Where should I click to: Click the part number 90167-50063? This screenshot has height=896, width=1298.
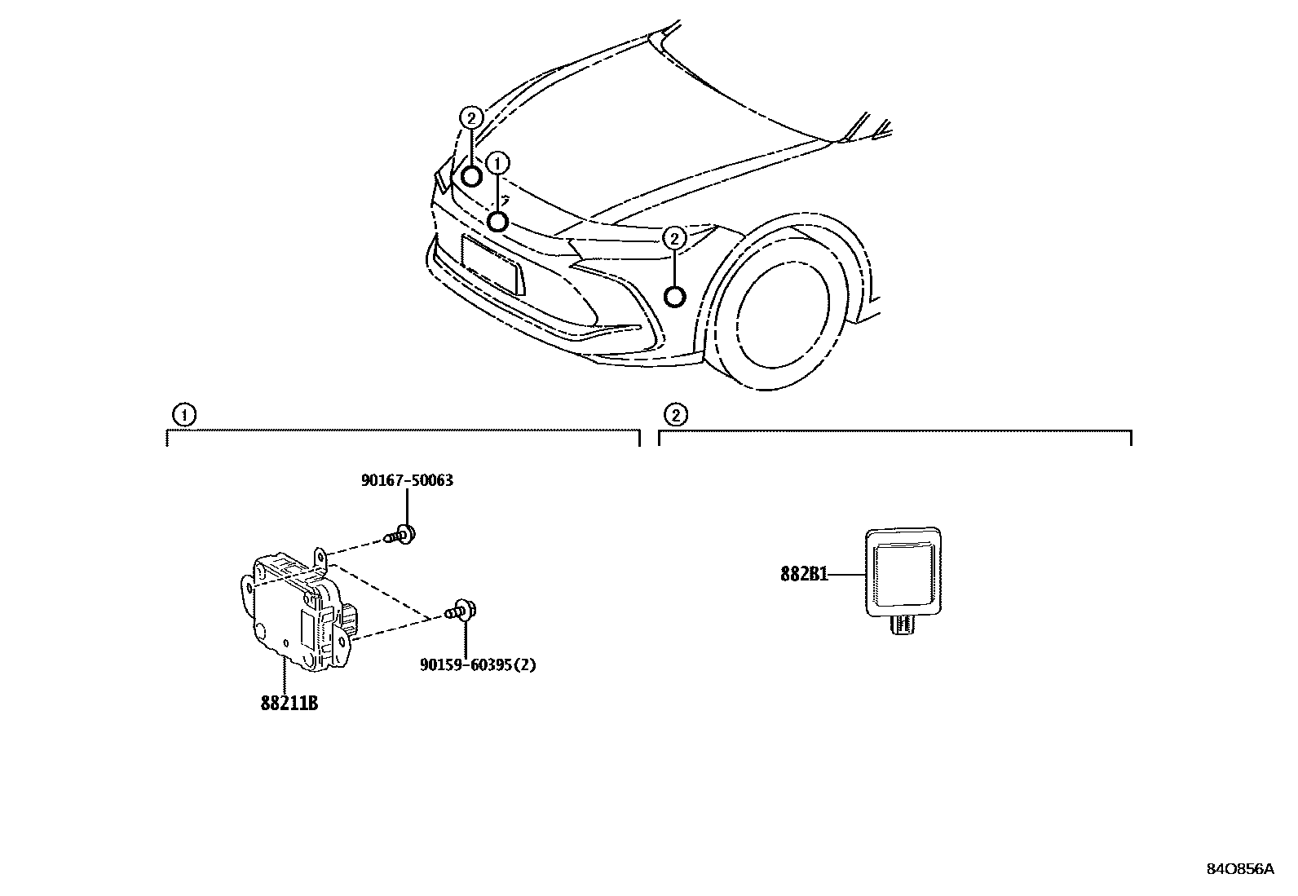pyautogui.click(x=407, y=480)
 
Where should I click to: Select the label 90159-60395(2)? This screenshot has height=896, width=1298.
pyautogui.click(x=479, y=664)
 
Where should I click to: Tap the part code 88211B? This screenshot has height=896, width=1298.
pyautogui.click(x=289, y=703)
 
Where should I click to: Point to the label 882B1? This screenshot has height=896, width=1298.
pyautogui.click(x=804, y=575)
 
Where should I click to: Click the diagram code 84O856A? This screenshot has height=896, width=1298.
pyautogui.click(x=1239, y=869)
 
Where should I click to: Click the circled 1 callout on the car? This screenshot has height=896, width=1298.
pyautogui.click(x=497, y=164)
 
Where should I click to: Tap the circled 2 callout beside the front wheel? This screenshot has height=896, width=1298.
pyautogui.click(x=674, y=239)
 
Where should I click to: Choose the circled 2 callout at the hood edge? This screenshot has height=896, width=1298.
pyautogui.click(x=471, y=118)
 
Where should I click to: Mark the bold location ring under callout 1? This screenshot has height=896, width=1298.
pyautogui.click(x=498, y=221)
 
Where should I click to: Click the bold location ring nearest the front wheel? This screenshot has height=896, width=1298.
pyautogui.click(x=675, y=297)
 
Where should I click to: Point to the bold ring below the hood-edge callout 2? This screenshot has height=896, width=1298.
pyautogui.click(x=472, y=176)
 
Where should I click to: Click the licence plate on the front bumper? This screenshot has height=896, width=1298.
pyautogui.click(x=493, y=263)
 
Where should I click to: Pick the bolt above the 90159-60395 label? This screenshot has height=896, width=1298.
pyautogui.click(x=461, y=611)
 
